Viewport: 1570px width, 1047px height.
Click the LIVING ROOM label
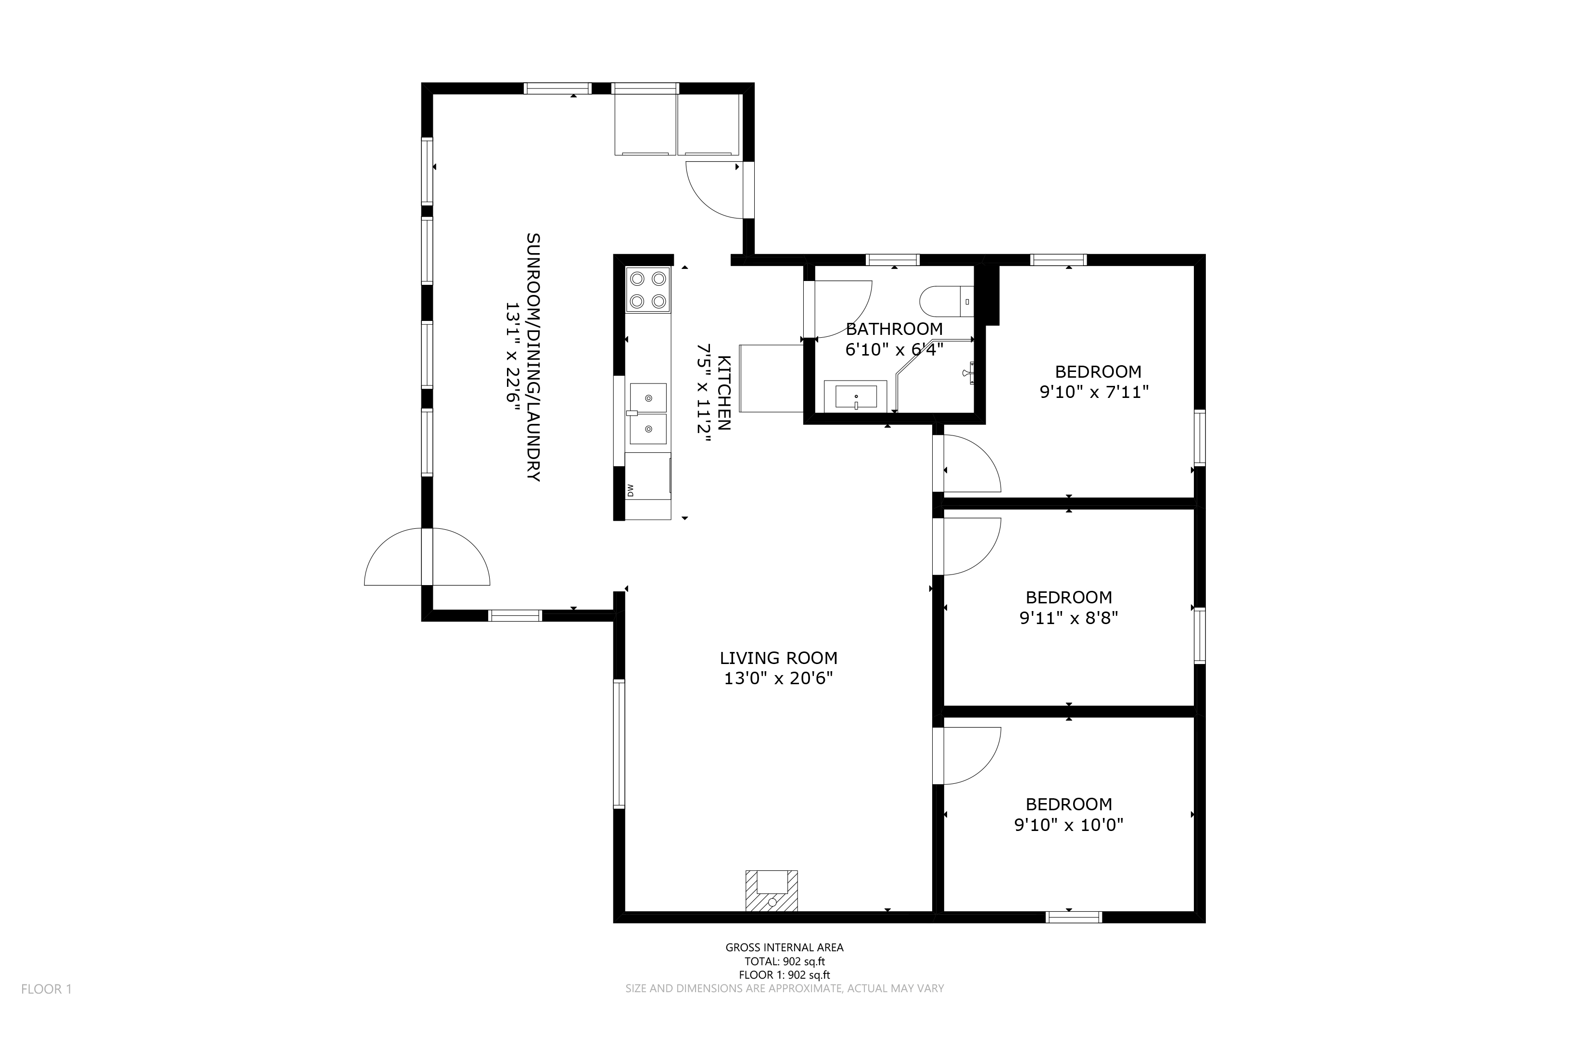pos(778,658)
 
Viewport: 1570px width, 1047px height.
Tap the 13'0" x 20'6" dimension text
pos(778,678)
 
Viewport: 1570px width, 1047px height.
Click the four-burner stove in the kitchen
pos(647,290)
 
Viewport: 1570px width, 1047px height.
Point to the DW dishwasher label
pos(630,491)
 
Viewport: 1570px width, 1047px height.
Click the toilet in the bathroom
pos(947,302)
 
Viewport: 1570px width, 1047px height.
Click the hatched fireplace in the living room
pos(772,890)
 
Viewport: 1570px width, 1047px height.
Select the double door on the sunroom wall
pos(427,557)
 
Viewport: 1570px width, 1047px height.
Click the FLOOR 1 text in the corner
pos(46,989)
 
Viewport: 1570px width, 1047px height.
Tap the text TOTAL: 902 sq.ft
pos(785,961)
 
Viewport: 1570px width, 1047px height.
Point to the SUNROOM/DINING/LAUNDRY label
pos(532,357)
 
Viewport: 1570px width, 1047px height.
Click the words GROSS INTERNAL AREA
pos(785,947)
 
